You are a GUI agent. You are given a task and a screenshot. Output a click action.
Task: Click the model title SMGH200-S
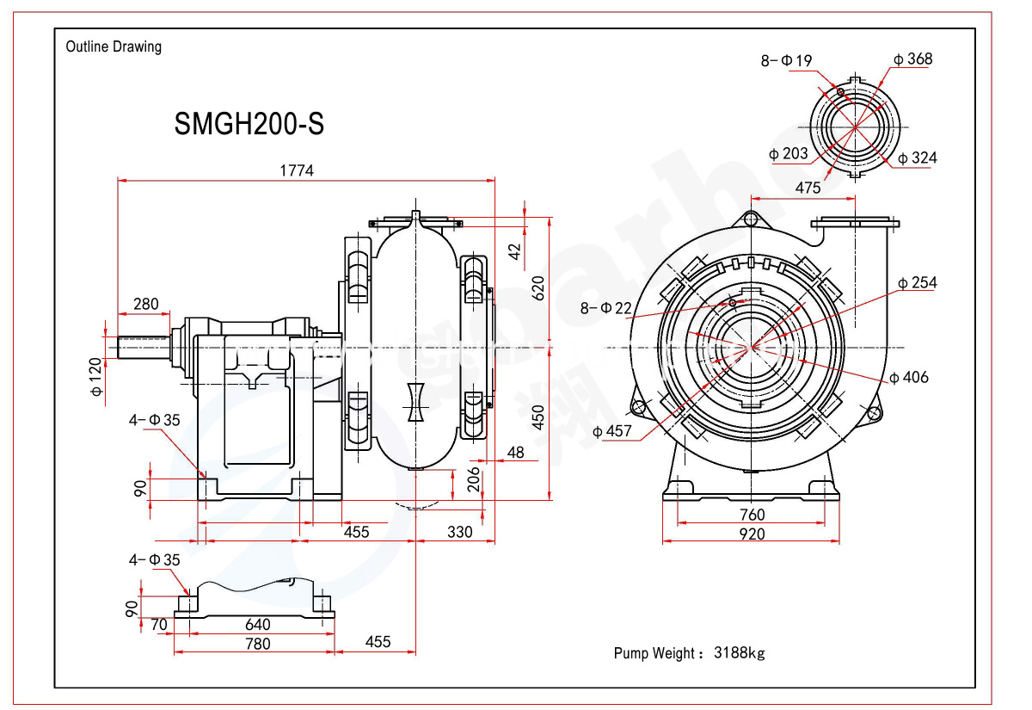pos(249,124)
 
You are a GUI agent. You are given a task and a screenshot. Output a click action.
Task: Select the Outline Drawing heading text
pos(114,46)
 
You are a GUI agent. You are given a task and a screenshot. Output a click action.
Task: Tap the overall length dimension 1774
pos(297,170)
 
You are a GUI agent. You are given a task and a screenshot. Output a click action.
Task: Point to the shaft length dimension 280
pos(145,304)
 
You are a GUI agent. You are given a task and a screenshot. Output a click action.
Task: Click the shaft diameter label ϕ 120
pos(95,377)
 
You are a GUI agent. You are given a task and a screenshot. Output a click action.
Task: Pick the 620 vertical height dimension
pos(537,288)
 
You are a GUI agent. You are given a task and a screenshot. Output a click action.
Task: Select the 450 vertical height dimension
pos(537,417)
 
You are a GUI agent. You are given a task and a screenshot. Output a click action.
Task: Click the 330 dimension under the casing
pos(459,532)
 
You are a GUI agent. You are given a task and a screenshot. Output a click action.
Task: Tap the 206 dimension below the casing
pos(473,479)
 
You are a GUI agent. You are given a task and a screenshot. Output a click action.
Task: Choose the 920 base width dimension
pos(752,534)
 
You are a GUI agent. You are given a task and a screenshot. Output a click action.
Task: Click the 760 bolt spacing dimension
pos(752,515)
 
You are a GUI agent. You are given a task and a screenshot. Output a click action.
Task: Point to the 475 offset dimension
pos(808,188)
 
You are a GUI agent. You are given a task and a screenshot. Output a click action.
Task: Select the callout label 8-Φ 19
pos(786,60)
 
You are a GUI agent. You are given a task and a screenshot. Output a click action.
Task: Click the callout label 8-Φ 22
pos(605,308)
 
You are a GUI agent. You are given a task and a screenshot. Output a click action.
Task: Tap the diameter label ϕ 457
pos(611,431)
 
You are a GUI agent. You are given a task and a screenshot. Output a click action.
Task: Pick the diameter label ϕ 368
pos(912,59)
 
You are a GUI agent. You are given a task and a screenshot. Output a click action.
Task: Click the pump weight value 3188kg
pos(739,653)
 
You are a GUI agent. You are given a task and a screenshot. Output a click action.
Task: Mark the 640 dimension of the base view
pos(257,624)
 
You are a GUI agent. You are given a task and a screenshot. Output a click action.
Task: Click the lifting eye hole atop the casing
pos(751,219)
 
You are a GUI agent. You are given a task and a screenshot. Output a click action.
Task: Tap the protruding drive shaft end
pos(144,347)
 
